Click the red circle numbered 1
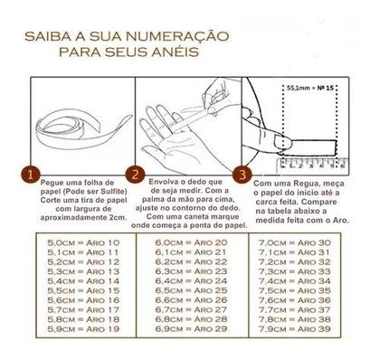click(32, 173)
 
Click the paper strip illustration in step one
click(75, 113)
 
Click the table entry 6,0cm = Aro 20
click(188, 244)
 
